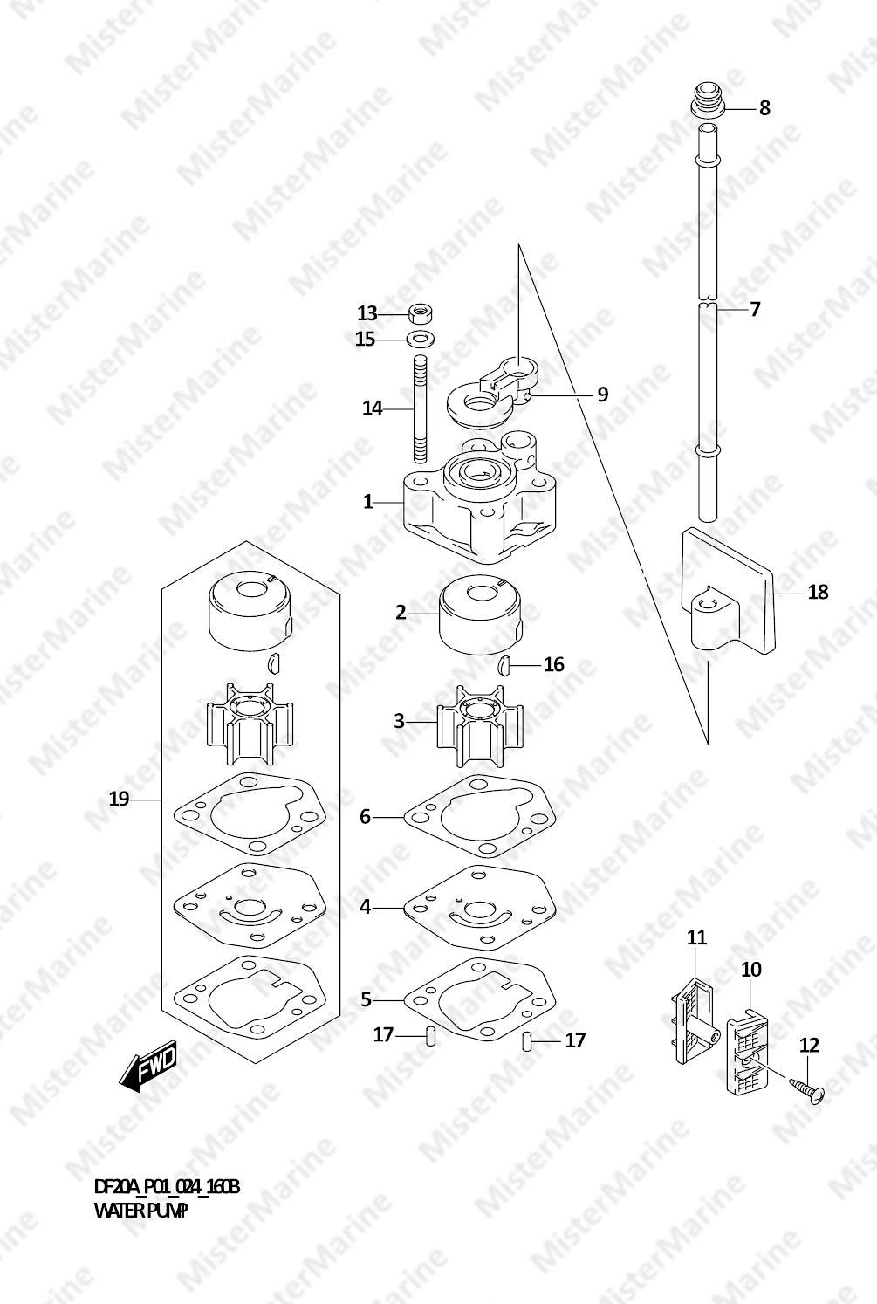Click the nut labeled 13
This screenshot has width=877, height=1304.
point(421,314)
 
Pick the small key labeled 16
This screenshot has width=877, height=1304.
point(504,663)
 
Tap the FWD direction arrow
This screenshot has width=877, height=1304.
point(147,1065)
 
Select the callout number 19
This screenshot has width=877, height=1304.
point(120,799)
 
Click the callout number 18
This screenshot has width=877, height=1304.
point(818,593)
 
